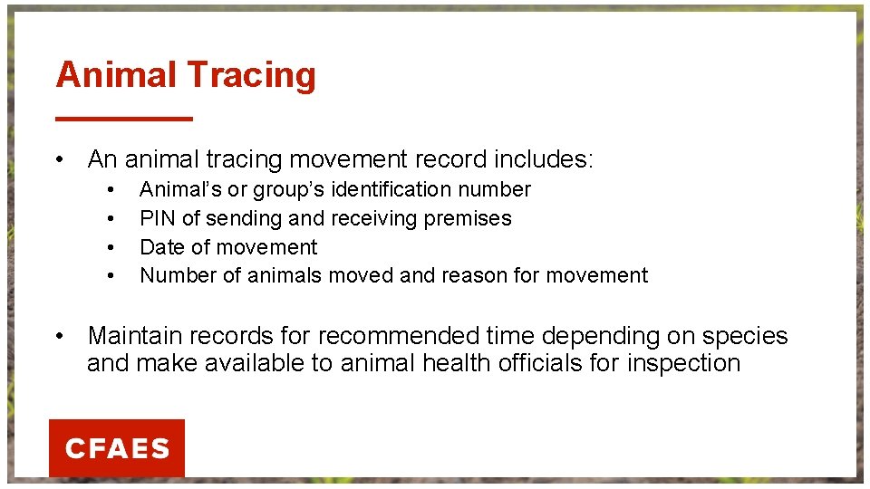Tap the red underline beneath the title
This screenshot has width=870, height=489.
pos(124,118)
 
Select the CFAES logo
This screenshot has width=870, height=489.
pos(117,448)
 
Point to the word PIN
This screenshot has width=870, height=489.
pos(158,218)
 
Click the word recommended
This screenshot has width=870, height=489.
pos(399,336)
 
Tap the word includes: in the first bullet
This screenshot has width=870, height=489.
pos(544,159)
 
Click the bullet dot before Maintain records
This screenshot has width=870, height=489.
pos(59,336)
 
